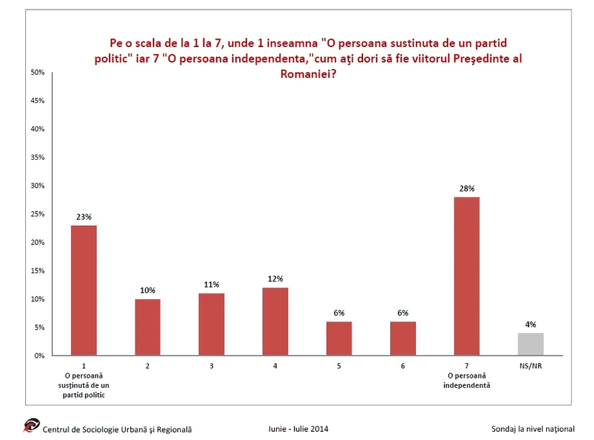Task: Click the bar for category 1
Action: point(84,290)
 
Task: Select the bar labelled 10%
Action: point(147,327)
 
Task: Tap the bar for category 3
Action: point(211,324)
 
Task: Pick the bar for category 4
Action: point(275,321)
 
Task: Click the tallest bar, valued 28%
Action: point(466,276)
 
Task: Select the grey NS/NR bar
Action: point(530,344)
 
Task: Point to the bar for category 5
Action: point(339,338)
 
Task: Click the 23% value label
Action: point(84,217)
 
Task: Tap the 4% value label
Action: point(530,324)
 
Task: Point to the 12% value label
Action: point(275,279)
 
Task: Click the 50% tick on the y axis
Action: point(37,73)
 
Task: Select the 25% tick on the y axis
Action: point(37,214)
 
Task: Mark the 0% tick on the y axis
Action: point(39,356)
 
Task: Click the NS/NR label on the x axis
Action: point(530,365)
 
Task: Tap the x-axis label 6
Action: point(403,365)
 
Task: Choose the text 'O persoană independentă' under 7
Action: point(466,380)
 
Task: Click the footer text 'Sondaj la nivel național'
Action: point(534,429)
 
